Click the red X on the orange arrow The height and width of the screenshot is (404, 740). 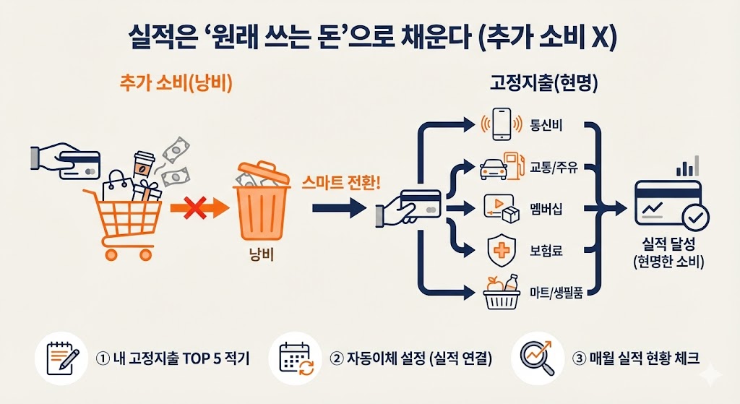coord(194,210)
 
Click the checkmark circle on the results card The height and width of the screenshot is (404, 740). coord(696,215)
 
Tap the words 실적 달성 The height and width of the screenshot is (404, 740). coord(667,244)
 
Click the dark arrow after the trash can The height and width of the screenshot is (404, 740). coord(339,210)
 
